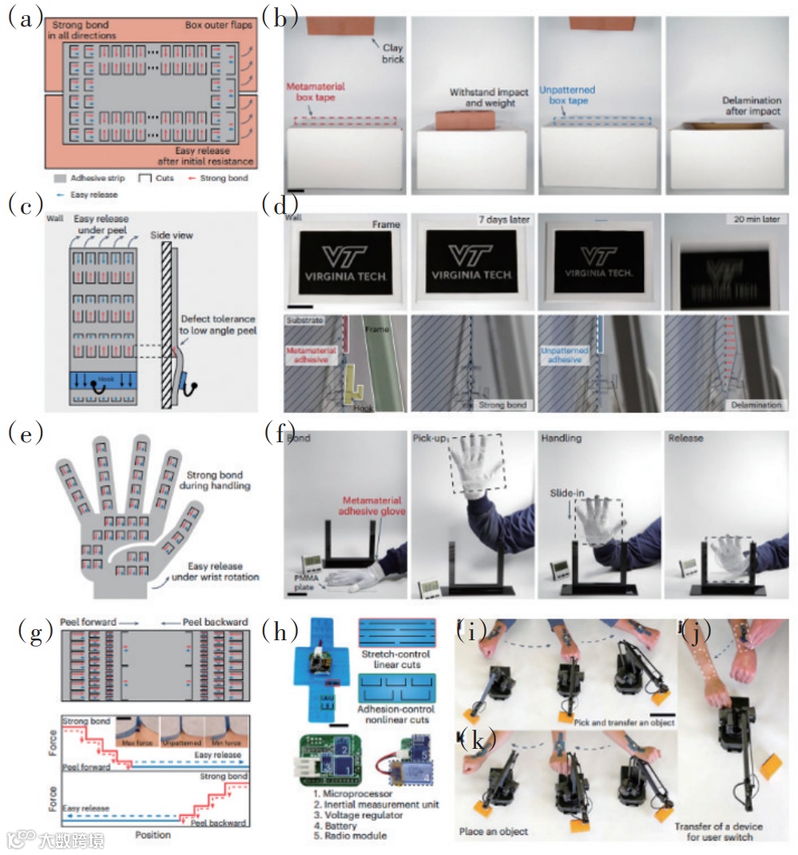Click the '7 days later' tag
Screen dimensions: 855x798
tap(501, 220)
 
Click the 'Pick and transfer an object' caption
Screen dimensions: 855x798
tap(625, 722)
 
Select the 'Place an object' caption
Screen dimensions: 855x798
tap(494, 831)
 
